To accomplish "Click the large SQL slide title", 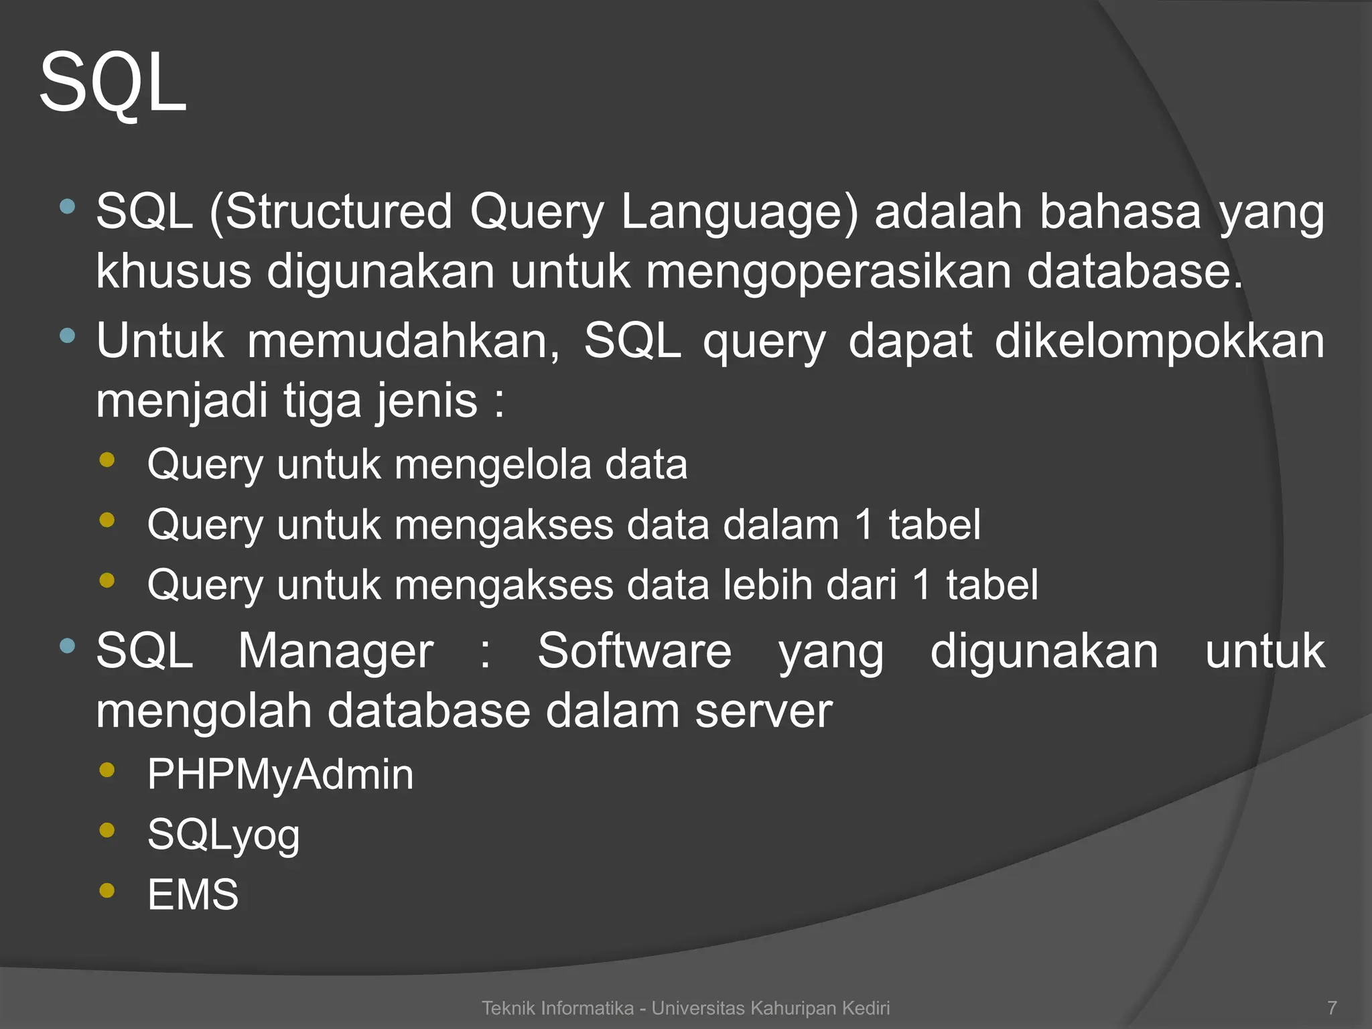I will (x=113, y=84).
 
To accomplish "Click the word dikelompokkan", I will (x=1159, y=341).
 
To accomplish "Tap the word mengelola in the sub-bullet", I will (x=493, y=464).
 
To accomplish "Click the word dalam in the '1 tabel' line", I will (x=780, y=525).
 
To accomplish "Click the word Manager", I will (x=336, y=651).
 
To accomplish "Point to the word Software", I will (x=634, y=651).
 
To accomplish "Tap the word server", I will (x=763, y=711).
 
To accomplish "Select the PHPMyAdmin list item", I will (x=280, y=775).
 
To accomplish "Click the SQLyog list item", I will (x=223, y=835).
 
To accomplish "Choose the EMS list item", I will (x=193, y=894).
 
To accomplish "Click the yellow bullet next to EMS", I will (x=107, y=890).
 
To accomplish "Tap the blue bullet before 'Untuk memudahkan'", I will (x=67, y=335).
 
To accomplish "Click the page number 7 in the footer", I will (x=1332, y=1008).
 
